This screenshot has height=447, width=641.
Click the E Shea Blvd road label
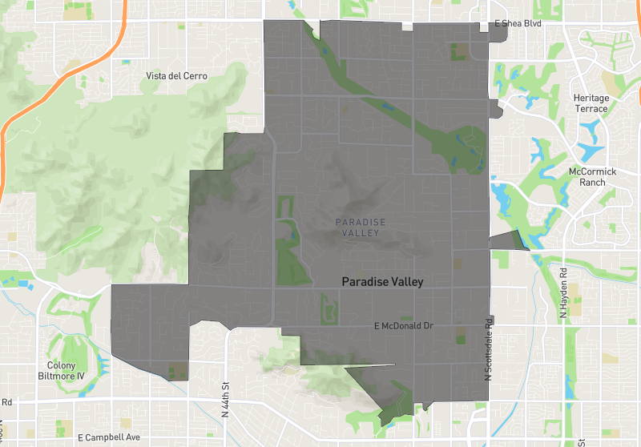click(x=518, y=24)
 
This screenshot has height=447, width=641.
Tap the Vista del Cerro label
click(x=176, y=76)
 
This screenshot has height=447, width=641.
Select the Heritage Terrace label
click(x=591, y=103)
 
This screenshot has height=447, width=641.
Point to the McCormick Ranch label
click(x=591, y=177)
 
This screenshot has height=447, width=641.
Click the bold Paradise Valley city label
click(x=382, y=282)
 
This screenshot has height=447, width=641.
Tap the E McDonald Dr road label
click(x=404, y=326)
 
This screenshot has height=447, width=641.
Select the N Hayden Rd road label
click(x=563, y=293)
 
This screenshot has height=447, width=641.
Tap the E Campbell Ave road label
click(x=103, y=437)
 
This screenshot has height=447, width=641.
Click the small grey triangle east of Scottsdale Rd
click(x=506, y=240)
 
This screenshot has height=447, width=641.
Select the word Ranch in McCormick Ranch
click(x=592, y=183)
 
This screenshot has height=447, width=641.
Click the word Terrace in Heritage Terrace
click(x=591, y=108)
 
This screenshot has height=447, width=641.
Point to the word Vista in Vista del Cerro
click(x=158, y=76)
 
